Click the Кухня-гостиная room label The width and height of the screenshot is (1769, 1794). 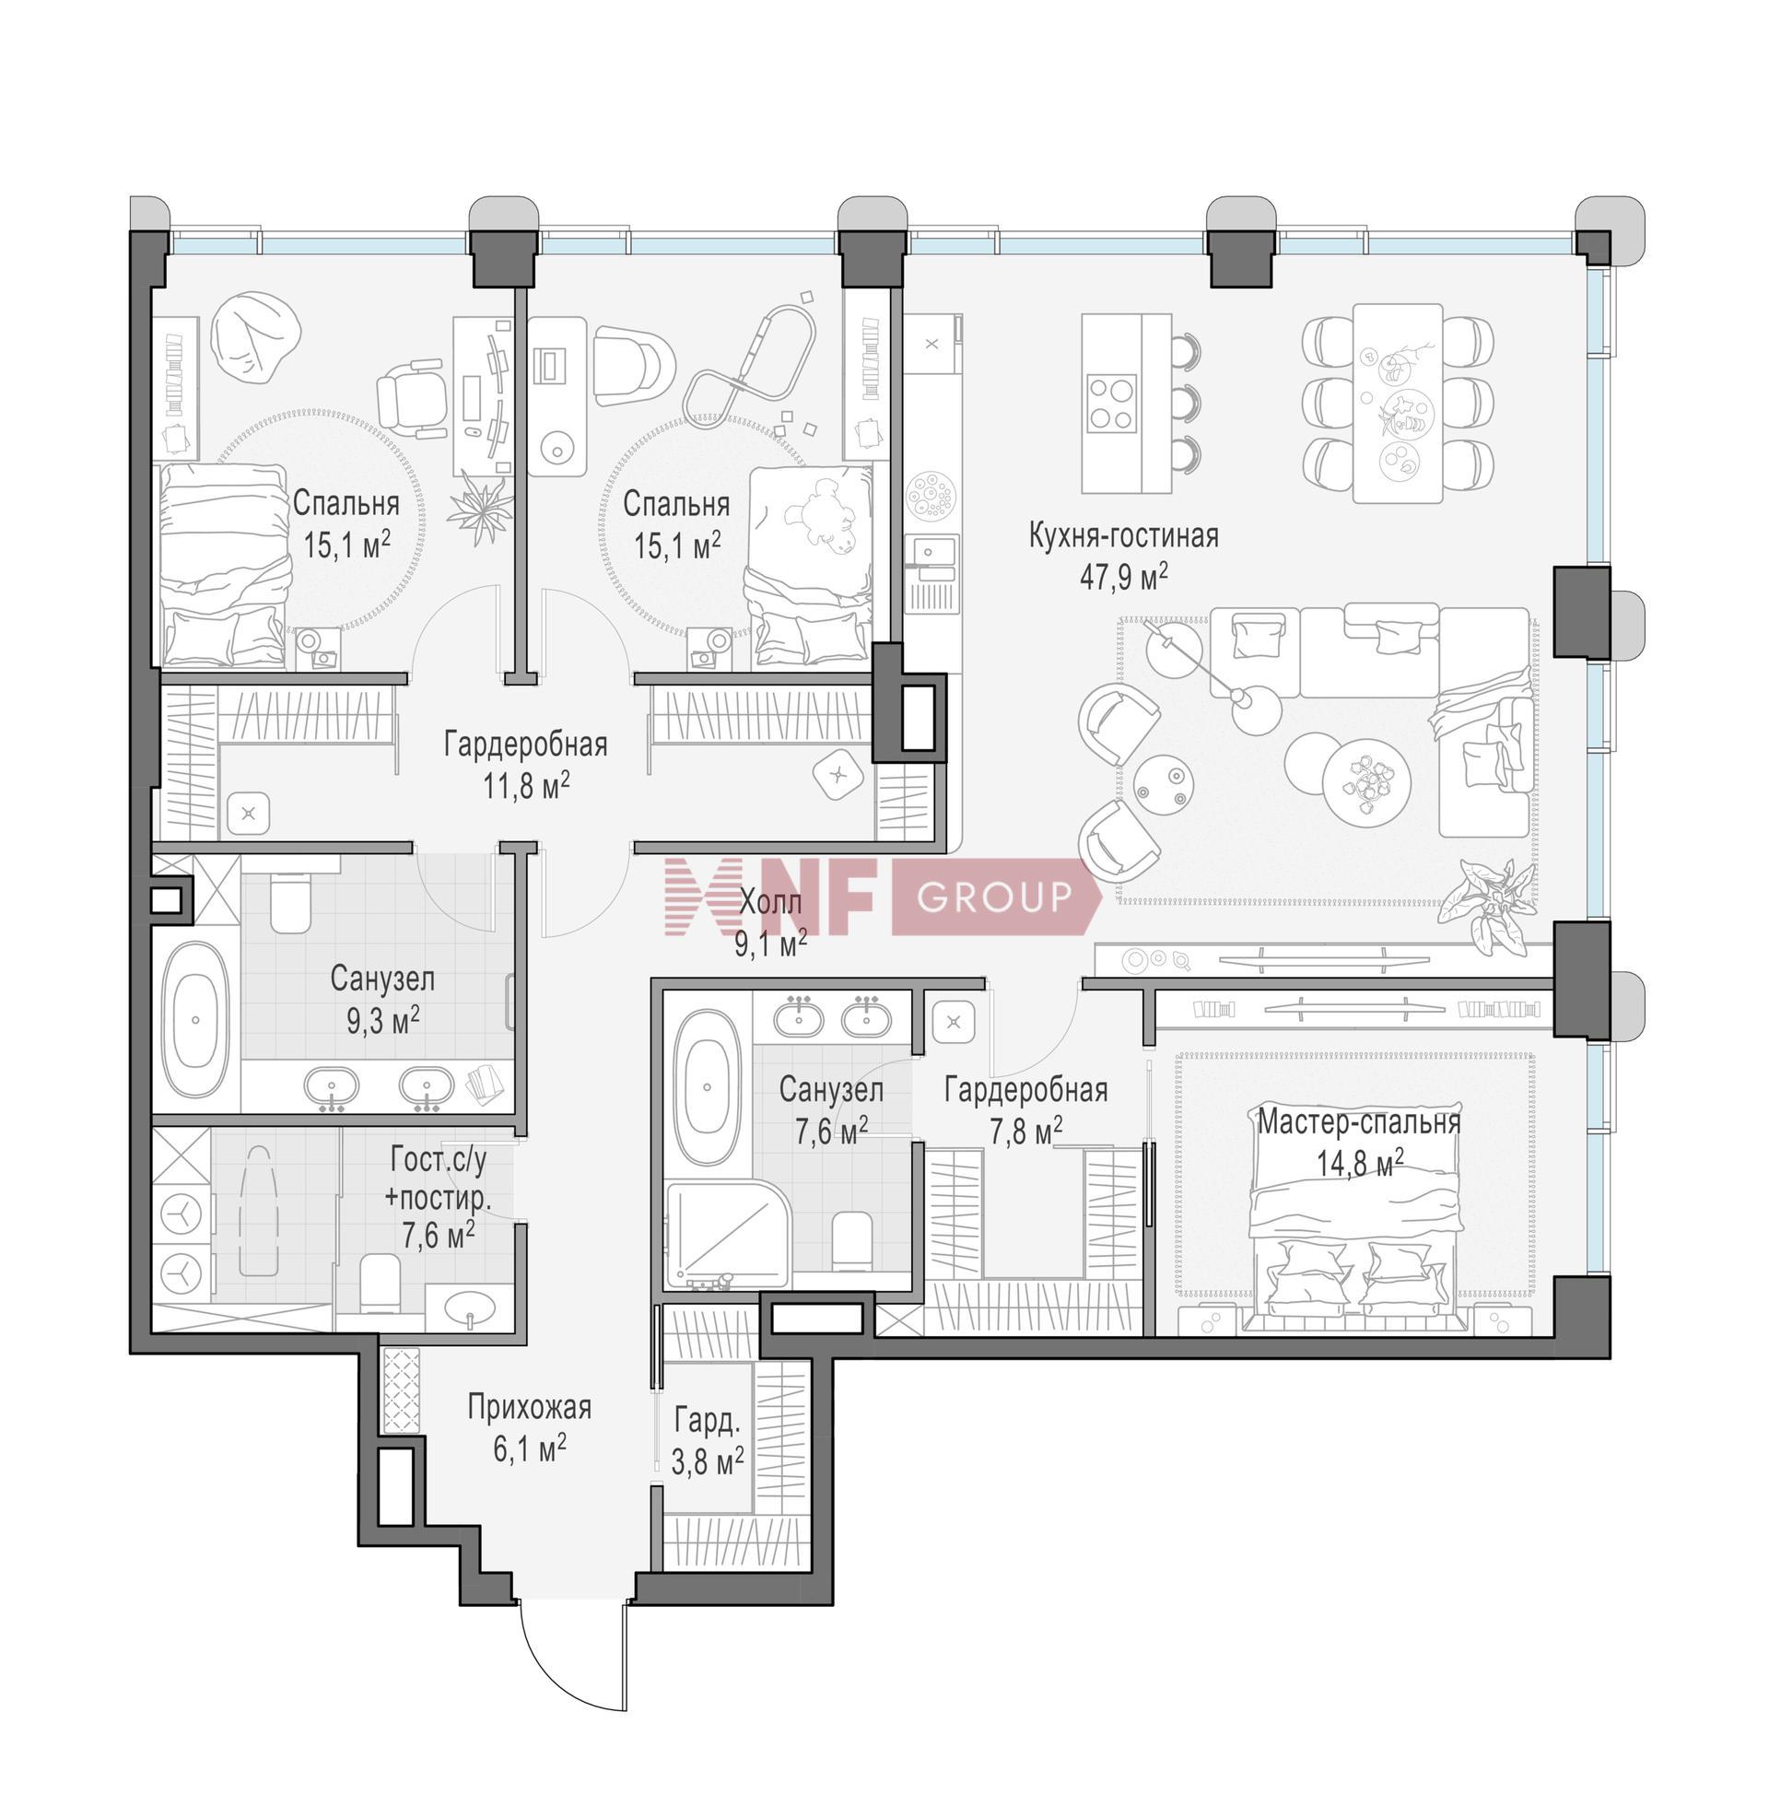point(1123,535)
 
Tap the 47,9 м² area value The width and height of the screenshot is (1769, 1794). point(1123,577)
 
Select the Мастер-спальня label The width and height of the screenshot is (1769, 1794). point(1359,1122)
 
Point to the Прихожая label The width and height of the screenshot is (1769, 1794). point(528,1408)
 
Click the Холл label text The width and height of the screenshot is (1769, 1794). point(770,902)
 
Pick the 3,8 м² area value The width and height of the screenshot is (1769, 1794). point(707,1460)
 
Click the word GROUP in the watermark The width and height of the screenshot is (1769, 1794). point(993,897)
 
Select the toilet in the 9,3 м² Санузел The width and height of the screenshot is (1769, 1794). point(289,900)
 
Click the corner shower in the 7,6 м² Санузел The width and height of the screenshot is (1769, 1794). point(727,1233)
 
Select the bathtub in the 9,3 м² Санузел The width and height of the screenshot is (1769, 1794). point(196,1019)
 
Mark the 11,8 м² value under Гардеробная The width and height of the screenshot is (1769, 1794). point(525,786)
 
